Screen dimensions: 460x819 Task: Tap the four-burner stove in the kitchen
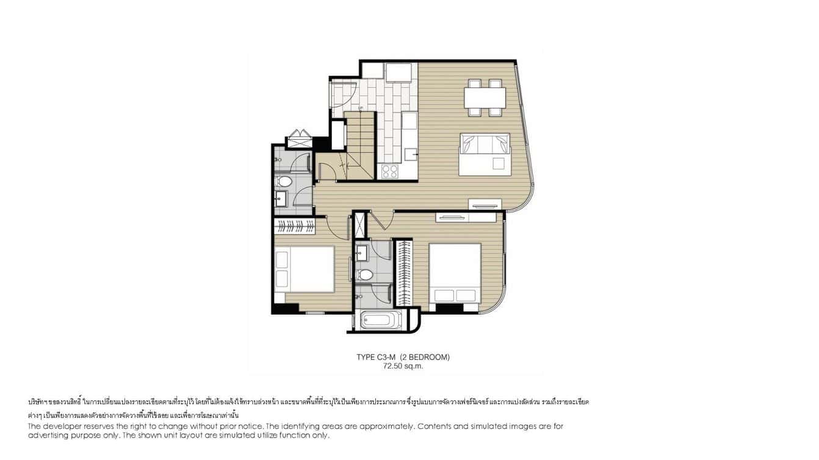pos(389,171)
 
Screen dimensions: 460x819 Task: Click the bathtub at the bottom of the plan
pos(381,320)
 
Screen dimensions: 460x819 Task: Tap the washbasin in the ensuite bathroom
pos(361,251)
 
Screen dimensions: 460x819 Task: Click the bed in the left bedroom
pos(304,268)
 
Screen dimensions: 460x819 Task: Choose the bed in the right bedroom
pos(455,273)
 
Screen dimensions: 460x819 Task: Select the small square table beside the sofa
pos(499,164)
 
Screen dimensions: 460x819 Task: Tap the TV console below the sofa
pos(485,204)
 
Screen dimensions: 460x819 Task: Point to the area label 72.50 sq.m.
pos(403,366)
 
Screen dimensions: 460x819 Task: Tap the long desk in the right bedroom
pos(466,217)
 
